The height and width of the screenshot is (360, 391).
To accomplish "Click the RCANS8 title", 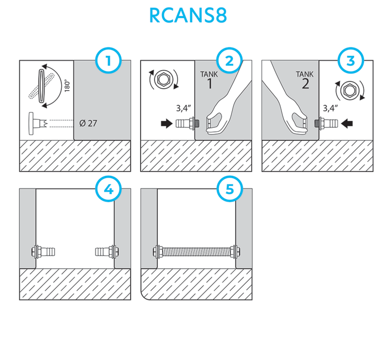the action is click(x=188, y=15).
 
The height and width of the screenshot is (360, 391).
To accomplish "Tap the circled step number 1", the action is click(x=108, y=61).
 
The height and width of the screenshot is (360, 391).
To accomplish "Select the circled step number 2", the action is click(x=229, y=61).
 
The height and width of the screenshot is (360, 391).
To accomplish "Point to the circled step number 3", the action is click(x=351, y=61).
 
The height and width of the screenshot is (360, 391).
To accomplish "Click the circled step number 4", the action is click(x=108, y=189).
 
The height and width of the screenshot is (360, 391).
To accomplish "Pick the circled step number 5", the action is click(x=229, y=189).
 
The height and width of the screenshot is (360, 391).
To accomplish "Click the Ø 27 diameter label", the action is click(x=88, y=123).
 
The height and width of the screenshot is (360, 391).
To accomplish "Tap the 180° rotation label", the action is click(x=67, y=86).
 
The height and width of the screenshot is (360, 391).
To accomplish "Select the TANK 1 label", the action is click(x=209, y=80).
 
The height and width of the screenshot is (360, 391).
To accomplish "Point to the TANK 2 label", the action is click(x=305, y=80).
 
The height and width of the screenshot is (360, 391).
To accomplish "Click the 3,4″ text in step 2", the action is click(x=184, y=108).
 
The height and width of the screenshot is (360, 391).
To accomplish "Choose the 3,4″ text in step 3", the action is click(x=330, y=108).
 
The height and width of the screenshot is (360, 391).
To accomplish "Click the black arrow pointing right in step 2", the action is click(x=167, y=123).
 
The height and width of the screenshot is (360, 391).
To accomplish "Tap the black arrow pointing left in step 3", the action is click(x=347, y=123).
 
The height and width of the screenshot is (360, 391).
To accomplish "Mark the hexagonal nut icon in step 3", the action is click(x=350, y=90).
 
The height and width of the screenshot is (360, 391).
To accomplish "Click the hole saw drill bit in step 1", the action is click(x=38, y=123).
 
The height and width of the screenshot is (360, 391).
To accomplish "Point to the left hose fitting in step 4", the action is click(x=43, y=252).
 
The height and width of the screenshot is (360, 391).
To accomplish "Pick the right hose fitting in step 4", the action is click(x=107, y=252).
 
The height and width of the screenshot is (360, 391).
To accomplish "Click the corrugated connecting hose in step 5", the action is click(x=196, y=252).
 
